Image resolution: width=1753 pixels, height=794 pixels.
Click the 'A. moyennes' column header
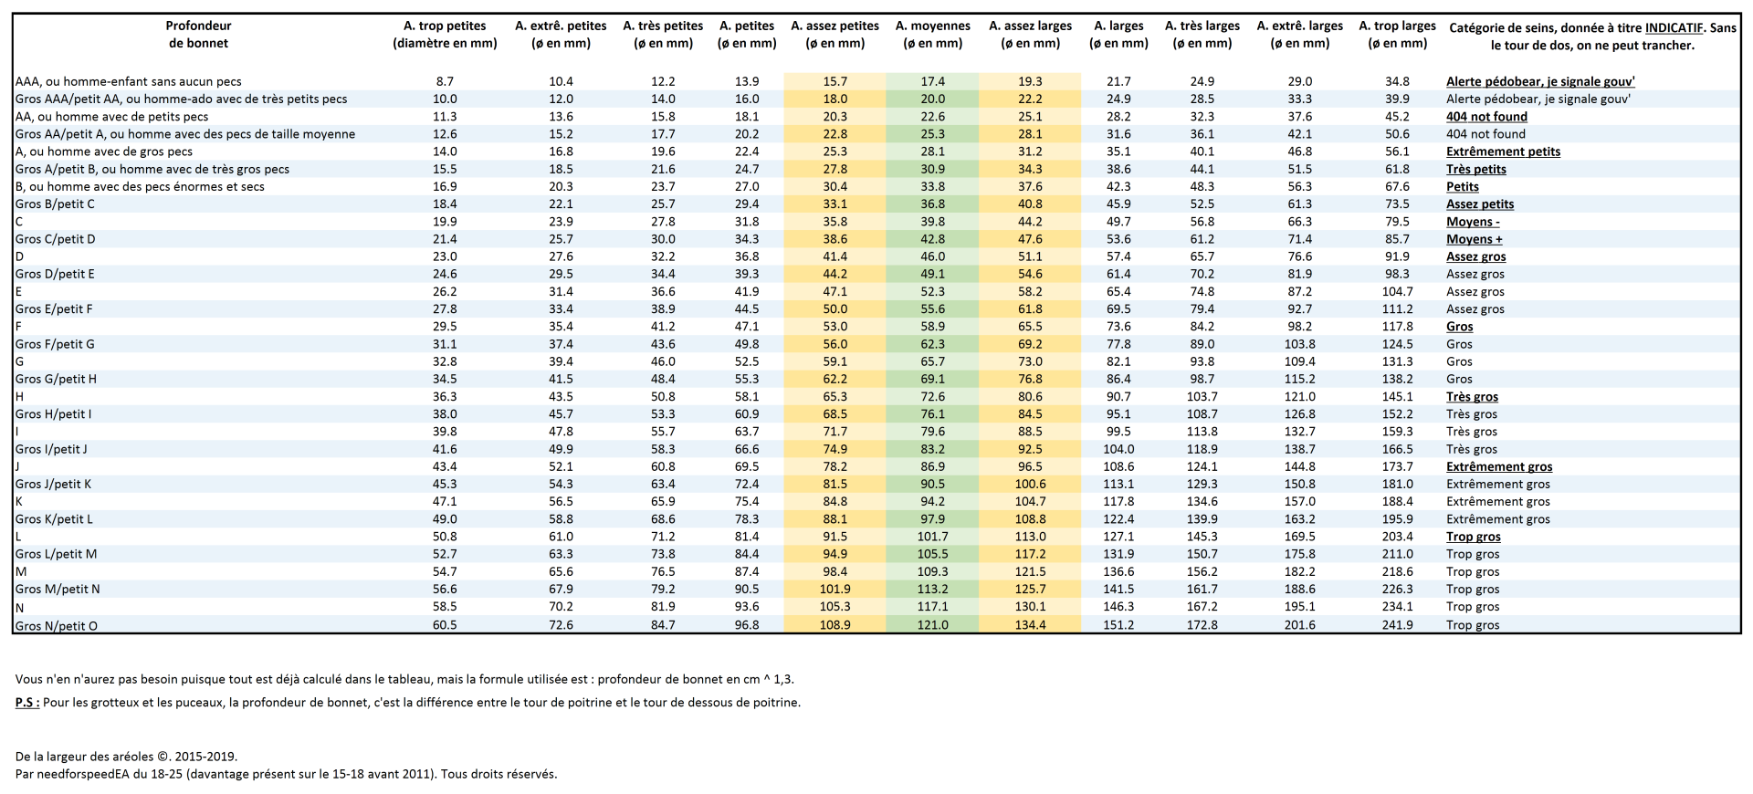(932, 34)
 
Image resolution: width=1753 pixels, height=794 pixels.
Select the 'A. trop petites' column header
(445, 34)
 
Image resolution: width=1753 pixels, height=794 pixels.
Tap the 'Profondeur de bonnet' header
(198, 34)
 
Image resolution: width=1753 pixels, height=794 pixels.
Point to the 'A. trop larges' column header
(1397, 34)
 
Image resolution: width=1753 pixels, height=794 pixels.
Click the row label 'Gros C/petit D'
(56, 239)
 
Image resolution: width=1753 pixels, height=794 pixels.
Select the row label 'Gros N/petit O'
(57, 625)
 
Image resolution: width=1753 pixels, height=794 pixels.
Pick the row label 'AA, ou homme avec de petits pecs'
(111, 117)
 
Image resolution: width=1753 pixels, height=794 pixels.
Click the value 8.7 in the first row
(445, 81)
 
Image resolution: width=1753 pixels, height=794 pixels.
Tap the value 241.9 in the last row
(1397, 625)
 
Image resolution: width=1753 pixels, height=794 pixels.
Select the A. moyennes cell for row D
(932, 256)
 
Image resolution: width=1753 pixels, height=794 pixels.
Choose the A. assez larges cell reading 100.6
(1030, 484)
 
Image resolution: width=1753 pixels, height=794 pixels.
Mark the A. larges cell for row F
(1118, 327)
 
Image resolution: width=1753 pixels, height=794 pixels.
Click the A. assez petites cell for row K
(835, 501)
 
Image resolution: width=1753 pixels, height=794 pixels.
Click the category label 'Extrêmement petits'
(1503, 151)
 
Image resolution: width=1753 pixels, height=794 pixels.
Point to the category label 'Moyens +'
(1474, 239)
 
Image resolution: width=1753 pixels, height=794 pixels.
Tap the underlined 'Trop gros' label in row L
(1473, 537)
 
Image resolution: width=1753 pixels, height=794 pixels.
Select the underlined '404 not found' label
(1486, 117)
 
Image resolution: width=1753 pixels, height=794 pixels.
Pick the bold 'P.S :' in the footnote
(27, 703)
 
